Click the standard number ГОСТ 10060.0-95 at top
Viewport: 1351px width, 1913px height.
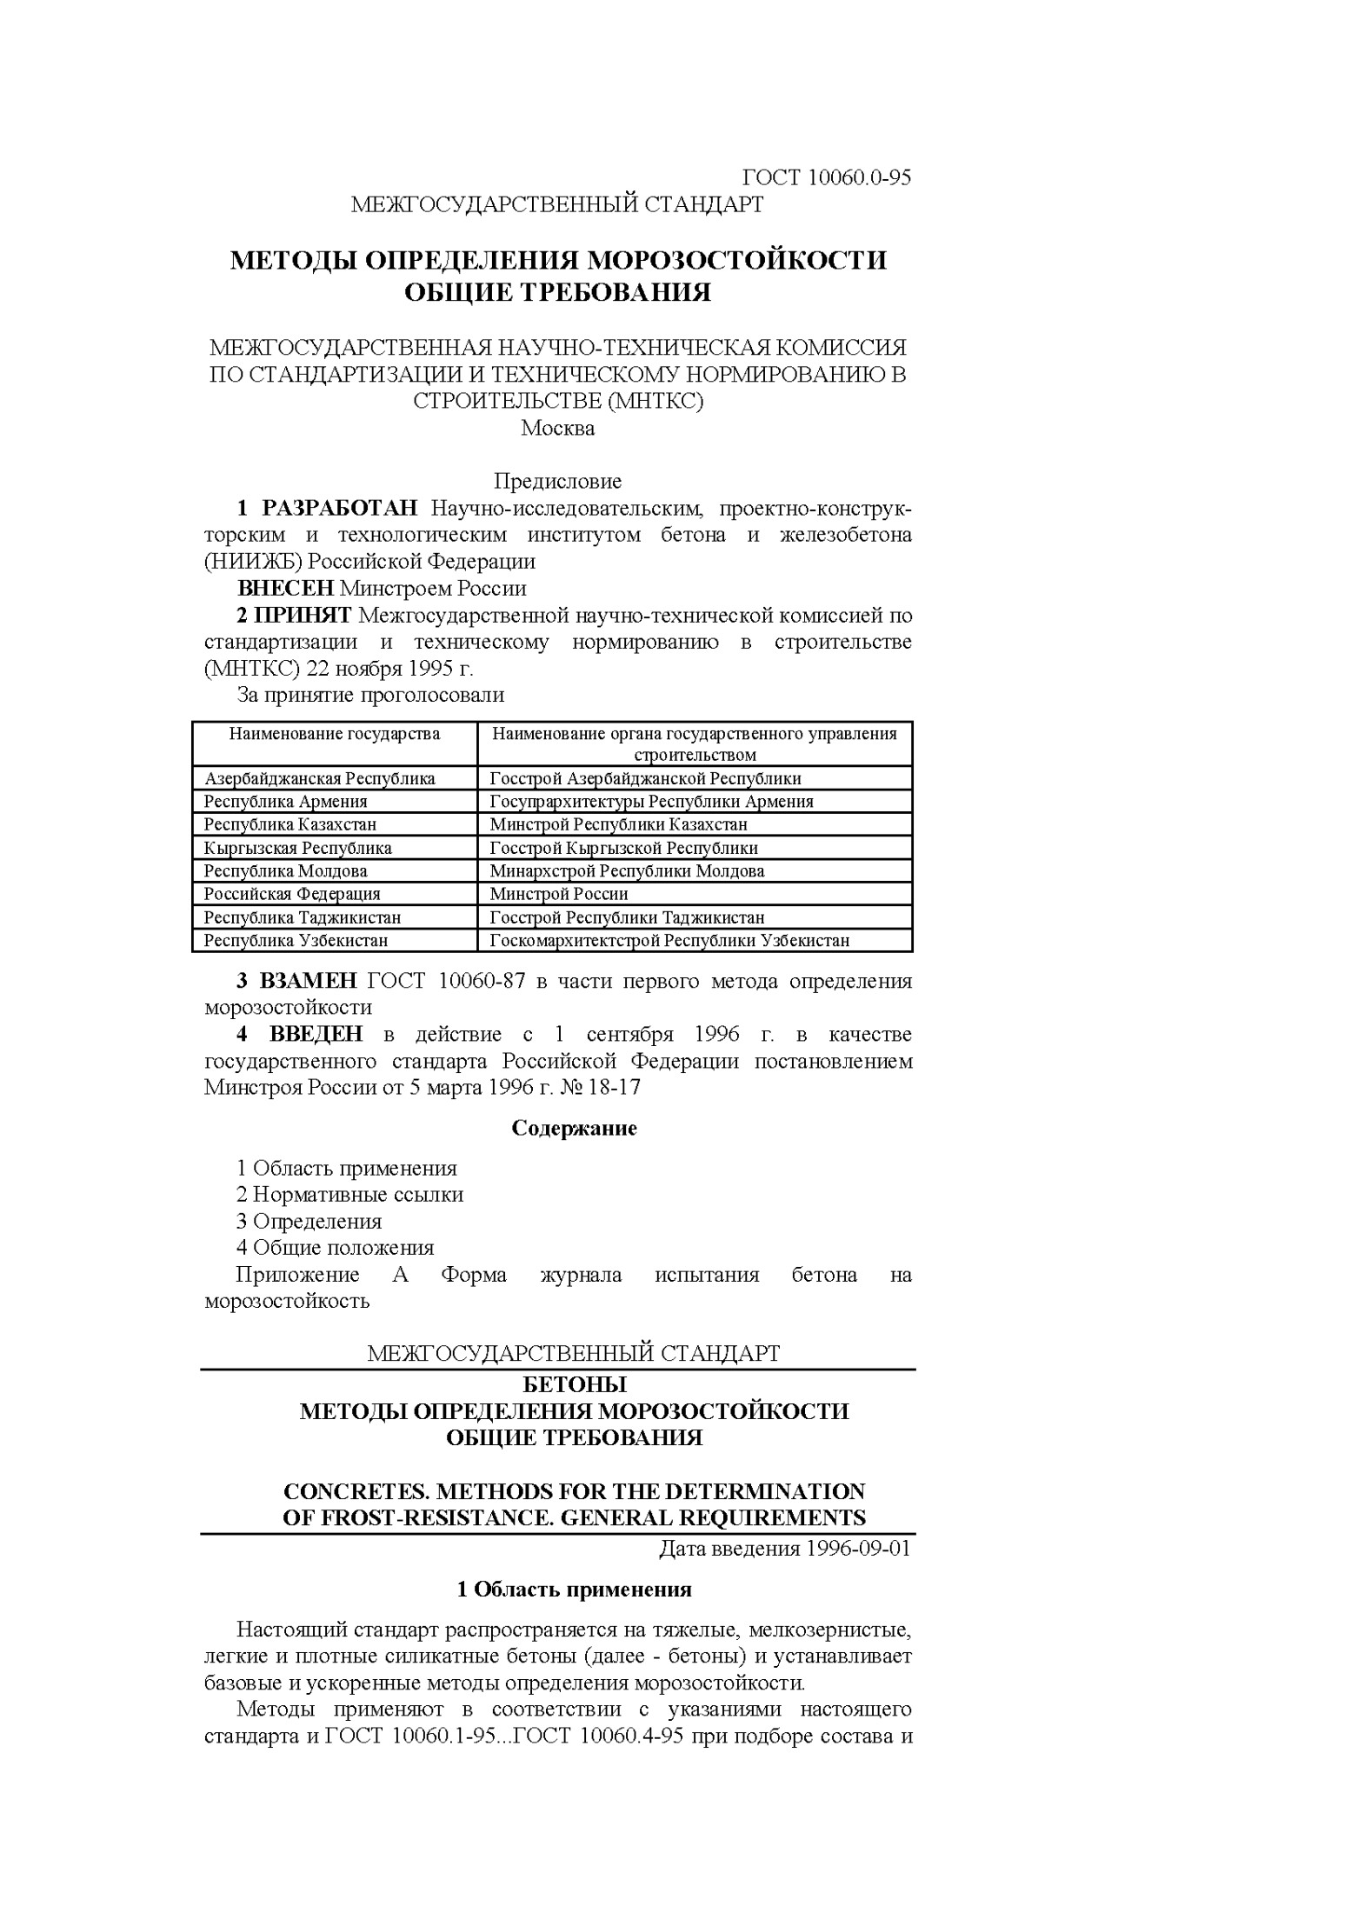point(826,177)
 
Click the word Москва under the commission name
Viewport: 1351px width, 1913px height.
point(557,429)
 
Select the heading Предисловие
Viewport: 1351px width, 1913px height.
point(557,481)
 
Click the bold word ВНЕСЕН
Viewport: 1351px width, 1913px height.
point(286,589)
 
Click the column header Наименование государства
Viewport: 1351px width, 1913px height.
point(334,734)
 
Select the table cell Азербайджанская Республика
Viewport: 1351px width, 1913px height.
point(319,778)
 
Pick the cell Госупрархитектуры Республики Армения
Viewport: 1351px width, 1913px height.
point(651,802)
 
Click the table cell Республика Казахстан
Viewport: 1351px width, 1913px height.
point(289,824)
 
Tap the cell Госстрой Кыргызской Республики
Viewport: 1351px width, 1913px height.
point(623,848)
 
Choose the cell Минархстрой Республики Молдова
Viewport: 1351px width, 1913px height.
point(627,870)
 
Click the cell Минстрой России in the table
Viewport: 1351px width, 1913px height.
point(558,894)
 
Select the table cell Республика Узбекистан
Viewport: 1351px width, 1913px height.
point(296,940)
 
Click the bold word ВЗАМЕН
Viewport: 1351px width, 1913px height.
point(308,981)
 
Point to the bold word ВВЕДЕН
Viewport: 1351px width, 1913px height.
point(316,1034)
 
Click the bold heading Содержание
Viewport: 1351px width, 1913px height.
point(574,1129)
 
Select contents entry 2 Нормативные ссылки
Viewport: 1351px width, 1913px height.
point(349,1195)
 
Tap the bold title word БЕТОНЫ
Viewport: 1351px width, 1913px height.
point(574,1383)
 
